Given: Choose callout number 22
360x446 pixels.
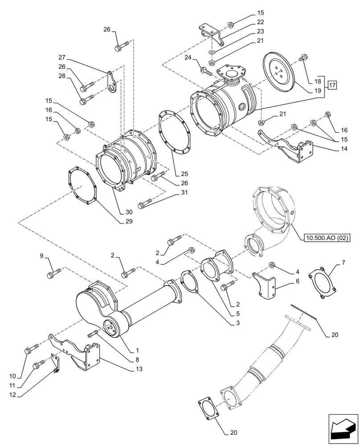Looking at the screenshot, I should pyautogui.click(x=260, y=22).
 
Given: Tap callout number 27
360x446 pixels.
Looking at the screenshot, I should pyautogui.click(x=61, y=57).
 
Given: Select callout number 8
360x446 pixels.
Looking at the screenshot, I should pyautogui.click(x=137, y=359).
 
